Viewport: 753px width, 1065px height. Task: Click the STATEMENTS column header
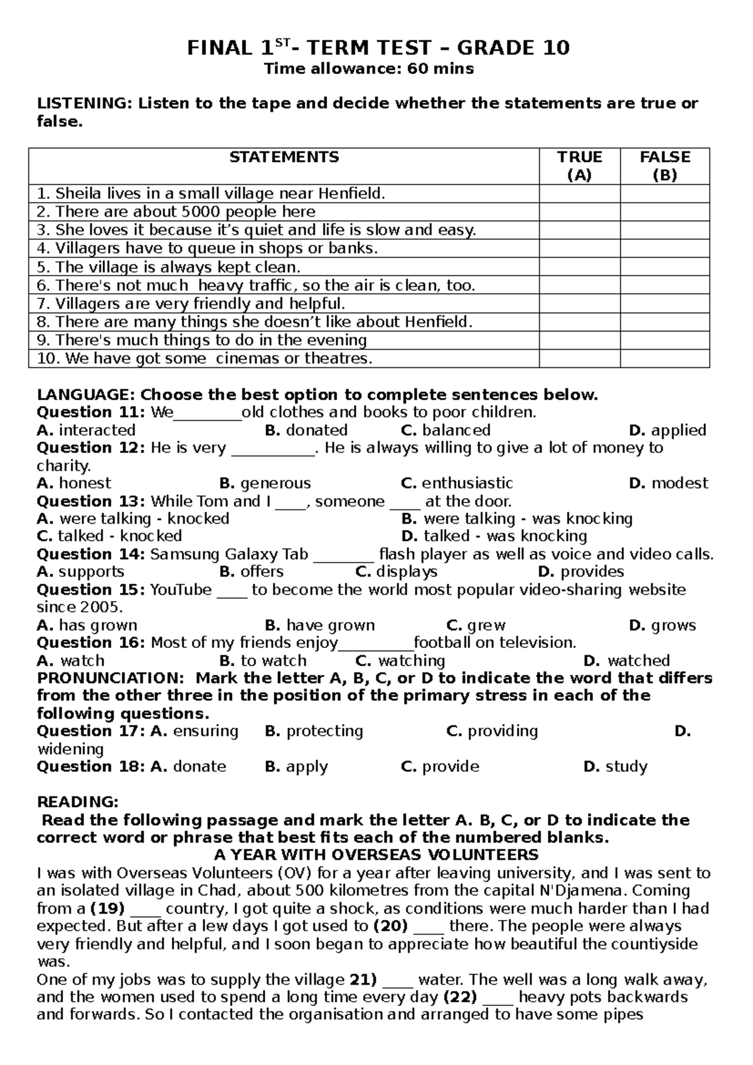point(284,157)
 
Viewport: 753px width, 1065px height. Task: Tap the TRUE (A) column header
point(579,166)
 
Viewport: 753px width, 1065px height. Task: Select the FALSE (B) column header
point(665,166)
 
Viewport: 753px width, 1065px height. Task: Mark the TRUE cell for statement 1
point(579,193)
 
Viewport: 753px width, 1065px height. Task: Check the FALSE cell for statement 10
point(665,359)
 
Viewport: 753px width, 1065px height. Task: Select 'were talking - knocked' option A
point(133,519)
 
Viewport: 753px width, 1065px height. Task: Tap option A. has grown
point(87,625)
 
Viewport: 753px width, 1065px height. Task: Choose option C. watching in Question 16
point(400,661)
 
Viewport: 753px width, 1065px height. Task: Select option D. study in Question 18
point(616,767)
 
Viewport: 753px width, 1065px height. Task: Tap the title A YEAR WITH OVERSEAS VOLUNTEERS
point(376,855)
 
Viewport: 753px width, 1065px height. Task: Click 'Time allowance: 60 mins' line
point(368,68)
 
